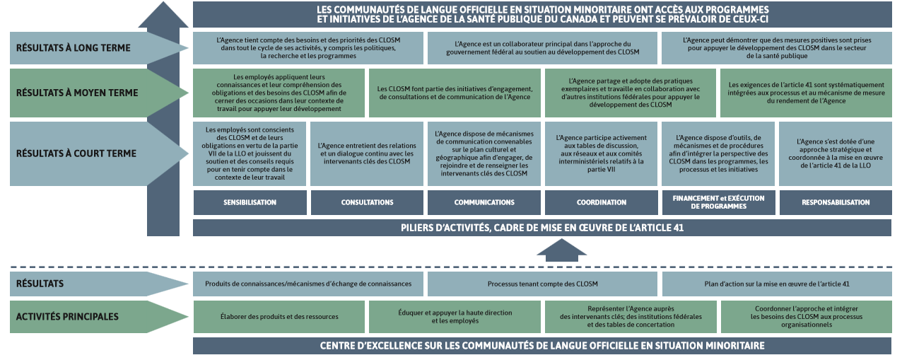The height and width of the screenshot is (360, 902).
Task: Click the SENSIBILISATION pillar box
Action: (250, 202)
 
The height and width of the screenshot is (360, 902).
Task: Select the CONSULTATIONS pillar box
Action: (367, 202)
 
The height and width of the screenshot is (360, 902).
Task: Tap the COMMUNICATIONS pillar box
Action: (484, 202)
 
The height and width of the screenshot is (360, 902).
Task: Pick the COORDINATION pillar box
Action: (601, 202)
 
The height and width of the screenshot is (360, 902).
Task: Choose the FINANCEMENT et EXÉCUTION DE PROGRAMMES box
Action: (718, 202)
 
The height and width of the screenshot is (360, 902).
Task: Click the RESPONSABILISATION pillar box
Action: (836, 202)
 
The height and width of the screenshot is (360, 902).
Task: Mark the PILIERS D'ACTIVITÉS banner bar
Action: (542, 228)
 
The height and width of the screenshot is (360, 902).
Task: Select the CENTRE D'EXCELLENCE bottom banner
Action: (542, 346)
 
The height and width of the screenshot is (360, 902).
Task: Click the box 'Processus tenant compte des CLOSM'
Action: (542, 284)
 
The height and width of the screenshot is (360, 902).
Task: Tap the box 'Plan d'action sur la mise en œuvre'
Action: (777, 284)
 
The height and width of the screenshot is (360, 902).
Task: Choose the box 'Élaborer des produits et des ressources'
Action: (279, 317)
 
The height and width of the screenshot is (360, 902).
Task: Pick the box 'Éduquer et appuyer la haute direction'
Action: (455, 317)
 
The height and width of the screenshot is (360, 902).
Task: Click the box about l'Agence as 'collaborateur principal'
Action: (542, 48)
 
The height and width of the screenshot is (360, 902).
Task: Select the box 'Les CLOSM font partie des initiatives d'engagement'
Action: (455, 93)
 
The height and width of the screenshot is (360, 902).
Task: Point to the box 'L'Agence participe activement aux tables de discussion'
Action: (601, 153)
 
